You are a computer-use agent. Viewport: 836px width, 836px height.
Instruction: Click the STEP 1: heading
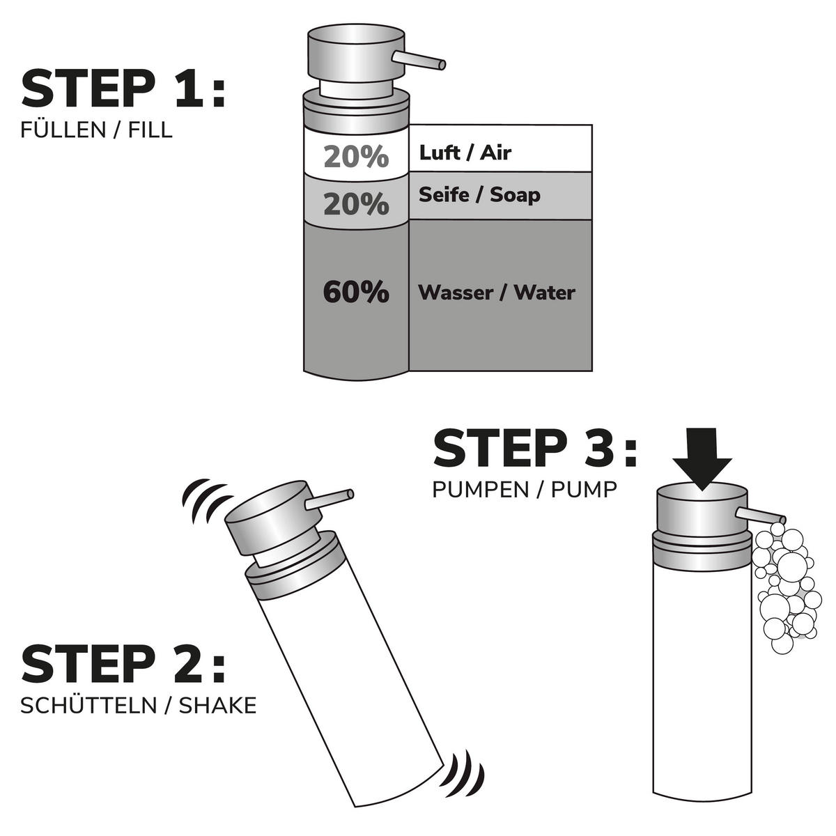(123, 89)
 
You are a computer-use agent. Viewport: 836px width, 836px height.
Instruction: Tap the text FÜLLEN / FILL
(96, 130)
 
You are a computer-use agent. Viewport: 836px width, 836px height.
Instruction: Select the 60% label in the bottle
(356, 293)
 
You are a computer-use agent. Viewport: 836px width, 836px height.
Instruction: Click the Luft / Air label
(465, 153)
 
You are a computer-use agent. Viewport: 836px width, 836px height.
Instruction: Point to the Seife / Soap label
(479, 195)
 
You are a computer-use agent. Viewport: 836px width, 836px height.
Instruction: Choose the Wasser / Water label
(497, 293)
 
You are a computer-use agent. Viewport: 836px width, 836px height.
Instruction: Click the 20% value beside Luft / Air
(356, 157)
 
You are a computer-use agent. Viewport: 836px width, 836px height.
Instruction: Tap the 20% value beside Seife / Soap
(356, 204)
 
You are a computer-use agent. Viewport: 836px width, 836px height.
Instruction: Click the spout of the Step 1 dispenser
(419, 61)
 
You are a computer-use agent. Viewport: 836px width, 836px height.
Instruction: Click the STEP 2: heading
(123, 664)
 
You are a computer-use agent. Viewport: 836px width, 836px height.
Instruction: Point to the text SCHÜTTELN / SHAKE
(139, 706)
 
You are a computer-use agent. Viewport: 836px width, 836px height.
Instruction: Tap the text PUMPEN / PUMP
(525, 490)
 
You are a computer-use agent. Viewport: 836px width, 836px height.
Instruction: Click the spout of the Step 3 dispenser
(761, 516)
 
